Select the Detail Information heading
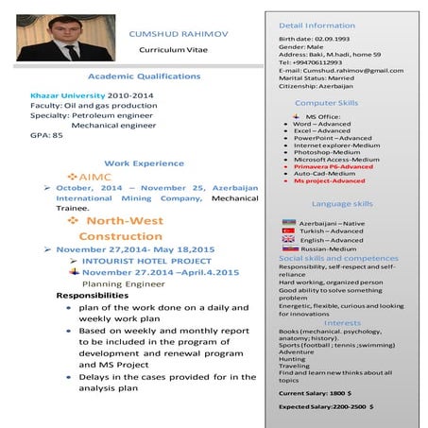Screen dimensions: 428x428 [317, 25]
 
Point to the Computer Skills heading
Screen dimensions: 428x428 [326, 102]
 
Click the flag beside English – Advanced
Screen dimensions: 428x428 [289, 240]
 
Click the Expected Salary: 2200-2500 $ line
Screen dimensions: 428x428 [326, 405]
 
